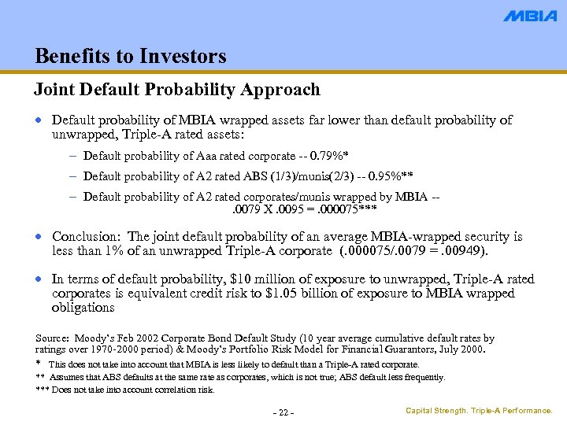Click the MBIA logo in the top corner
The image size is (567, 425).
click(530, 16)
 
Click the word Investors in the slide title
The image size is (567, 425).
click(183, 57)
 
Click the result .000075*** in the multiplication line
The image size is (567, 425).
click(346, 209)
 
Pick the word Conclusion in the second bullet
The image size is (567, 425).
click(86, 237)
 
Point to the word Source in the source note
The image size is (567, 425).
click(53, 338)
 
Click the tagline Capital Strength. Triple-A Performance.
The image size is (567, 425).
click(479, 411)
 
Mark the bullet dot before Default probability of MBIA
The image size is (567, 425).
click(40, 121)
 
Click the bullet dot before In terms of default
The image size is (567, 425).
click(40, 279)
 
